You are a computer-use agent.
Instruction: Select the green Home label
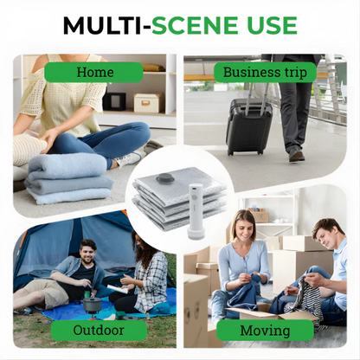point(95,72)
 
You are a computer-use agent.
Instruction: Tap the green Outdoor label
point(95,330)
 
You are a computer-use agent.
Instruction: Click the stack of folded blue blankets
point(66,177)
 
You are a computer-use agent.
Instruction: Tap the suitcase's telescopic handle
point(253,91)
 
